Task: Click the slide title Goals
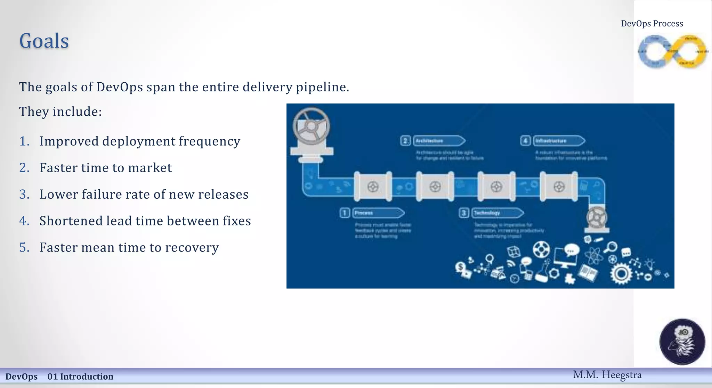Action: (44, 41)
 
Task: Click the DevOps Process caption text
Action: (652, 24)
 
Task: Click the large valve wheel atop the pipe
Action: (311, 126)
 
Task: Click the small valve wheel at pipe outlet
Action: (597, 218)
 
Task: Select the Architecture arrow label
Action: (439, 141)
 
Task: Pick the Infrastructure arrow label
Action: (558, 141)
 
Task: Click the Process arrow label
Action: (378, 213)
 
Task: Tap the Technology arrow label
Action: (497, 213)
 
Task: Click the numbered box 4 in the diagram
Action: (525, 141)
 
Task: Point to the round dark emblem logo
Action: (682, 342)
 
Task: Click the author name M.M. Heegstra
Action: (607, 375)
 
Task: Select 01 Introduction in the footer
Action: (80, 377)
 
